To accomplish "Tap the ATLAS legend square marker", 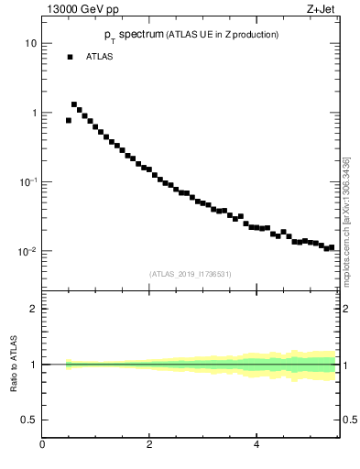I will (x=70, y=57).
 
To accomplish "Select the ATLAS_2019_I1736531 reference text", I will (x=191, y=274).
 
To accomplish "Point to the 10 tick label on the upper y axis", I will (x=30, y=44).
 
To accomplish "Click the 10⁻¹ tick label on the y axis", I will (x=28, y=181).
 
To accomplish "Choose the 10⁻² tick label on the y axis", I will (x=28, y=251).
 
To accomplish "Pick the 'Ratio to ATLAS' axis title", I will (x=15, y=365).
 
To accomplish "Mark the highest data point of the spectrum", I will (x=74, y=104).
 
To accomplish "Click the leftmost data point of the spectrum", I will (x=69, y=120).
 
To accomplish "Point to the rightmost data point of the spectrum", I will (x=331, y=247).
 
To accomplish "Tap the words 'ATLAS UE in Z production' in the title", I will (x=221, y=35).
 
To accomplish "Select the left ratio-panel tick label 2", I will (x=33, y=309).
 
